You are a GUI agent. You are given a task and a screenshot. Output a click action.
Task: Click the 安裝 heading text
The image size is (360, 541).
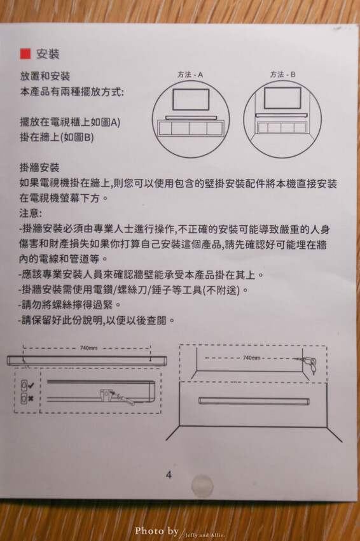pos(48,53)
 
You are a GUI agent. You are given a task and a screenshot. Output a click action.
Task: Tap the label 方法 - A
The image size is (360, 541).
pos(190,74)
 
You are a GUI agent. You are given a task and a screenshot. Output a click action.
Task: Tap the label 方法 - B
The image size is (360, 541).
pos(282,74)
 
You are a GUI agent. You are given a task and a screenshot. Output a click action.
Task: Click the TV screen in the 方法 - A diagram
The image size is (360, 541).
pos(191,99)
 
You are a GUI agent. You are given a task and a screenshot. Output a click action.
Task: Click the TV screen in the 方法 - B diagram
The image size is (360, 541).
pos(282,98)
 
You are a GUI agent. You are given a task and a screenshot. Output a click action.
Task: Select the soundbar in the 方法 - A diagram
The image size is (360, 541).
pos(191,117)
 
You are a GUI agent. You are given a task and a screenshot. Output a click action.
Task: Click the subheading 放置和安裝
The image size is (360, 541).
pos(45,76)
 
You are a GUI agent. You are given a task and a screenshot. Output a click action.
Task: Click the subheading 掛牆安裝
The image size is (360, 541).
pos(39,168)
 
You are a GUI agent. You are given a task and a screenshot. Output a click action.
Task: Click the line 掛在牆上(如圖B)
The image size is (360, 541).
pos(57,137)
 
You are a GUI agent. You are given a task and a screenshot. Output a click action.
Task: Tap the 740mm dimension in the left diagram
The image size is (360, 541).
pos(89,348)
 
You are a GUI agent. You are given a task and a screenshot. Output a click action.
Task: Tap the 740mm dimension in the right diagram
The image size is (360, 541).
pos(252,358)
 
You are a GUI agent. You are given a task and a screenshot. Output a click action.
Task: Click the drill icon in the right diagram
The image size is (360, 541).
pos(310,364)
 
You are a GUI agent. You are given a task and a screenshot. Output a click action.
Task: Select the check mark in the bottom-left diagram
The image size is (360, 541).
pos(30,386)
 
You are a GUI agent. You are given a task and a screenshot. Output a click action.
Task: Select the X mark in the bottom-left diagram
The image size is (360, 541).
pos(30,398)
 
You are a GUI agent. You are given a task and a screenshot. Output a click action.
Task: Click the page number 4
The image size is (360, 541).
pos(169,474)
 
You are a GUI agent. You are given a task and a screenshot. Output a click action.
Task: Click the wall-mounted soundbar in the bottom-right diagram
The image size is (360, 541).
pos(253,401)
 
